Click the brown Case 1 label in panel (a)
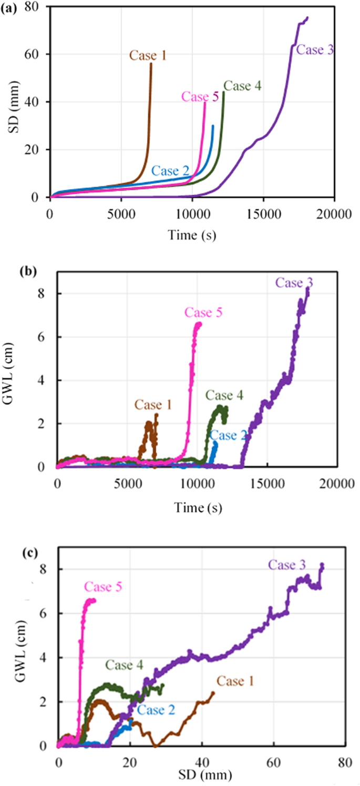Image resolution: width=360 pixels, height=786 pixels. pyautogui.click(x=147, y=55)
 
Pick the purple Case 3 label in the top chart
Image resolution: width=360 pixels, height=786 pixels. pyautogui.click(x=315, y=50)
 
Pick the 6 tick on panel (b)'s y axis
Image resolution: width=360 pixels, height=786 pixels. pyautogui.click(x=46, y=337)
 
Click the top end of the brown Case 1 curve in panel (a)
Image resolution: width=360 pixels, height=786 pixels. pyautogui.click(x=151, y=64)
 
